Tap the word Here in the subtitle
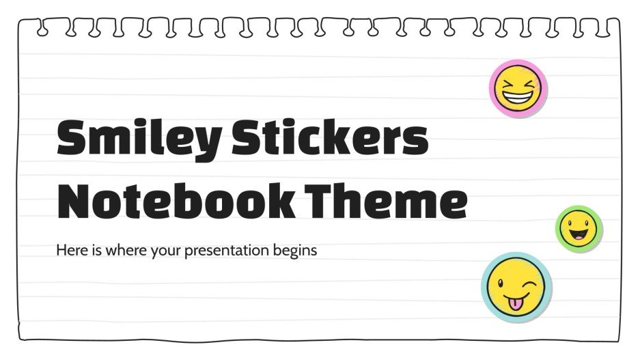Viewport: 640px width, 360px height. tap(70, 250)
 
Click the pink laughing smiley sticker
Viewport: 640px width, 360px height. tap(518, 88)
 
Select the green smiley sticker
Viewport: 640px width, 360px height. tap(579, 228)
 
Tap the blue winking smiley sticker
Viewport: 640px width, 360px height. tap(516, 286)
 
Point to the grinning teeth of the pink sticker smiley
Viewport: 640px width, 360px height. tap(518, 98)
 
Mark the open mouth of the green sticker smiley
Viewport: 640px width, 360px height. tap(579, 236)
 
